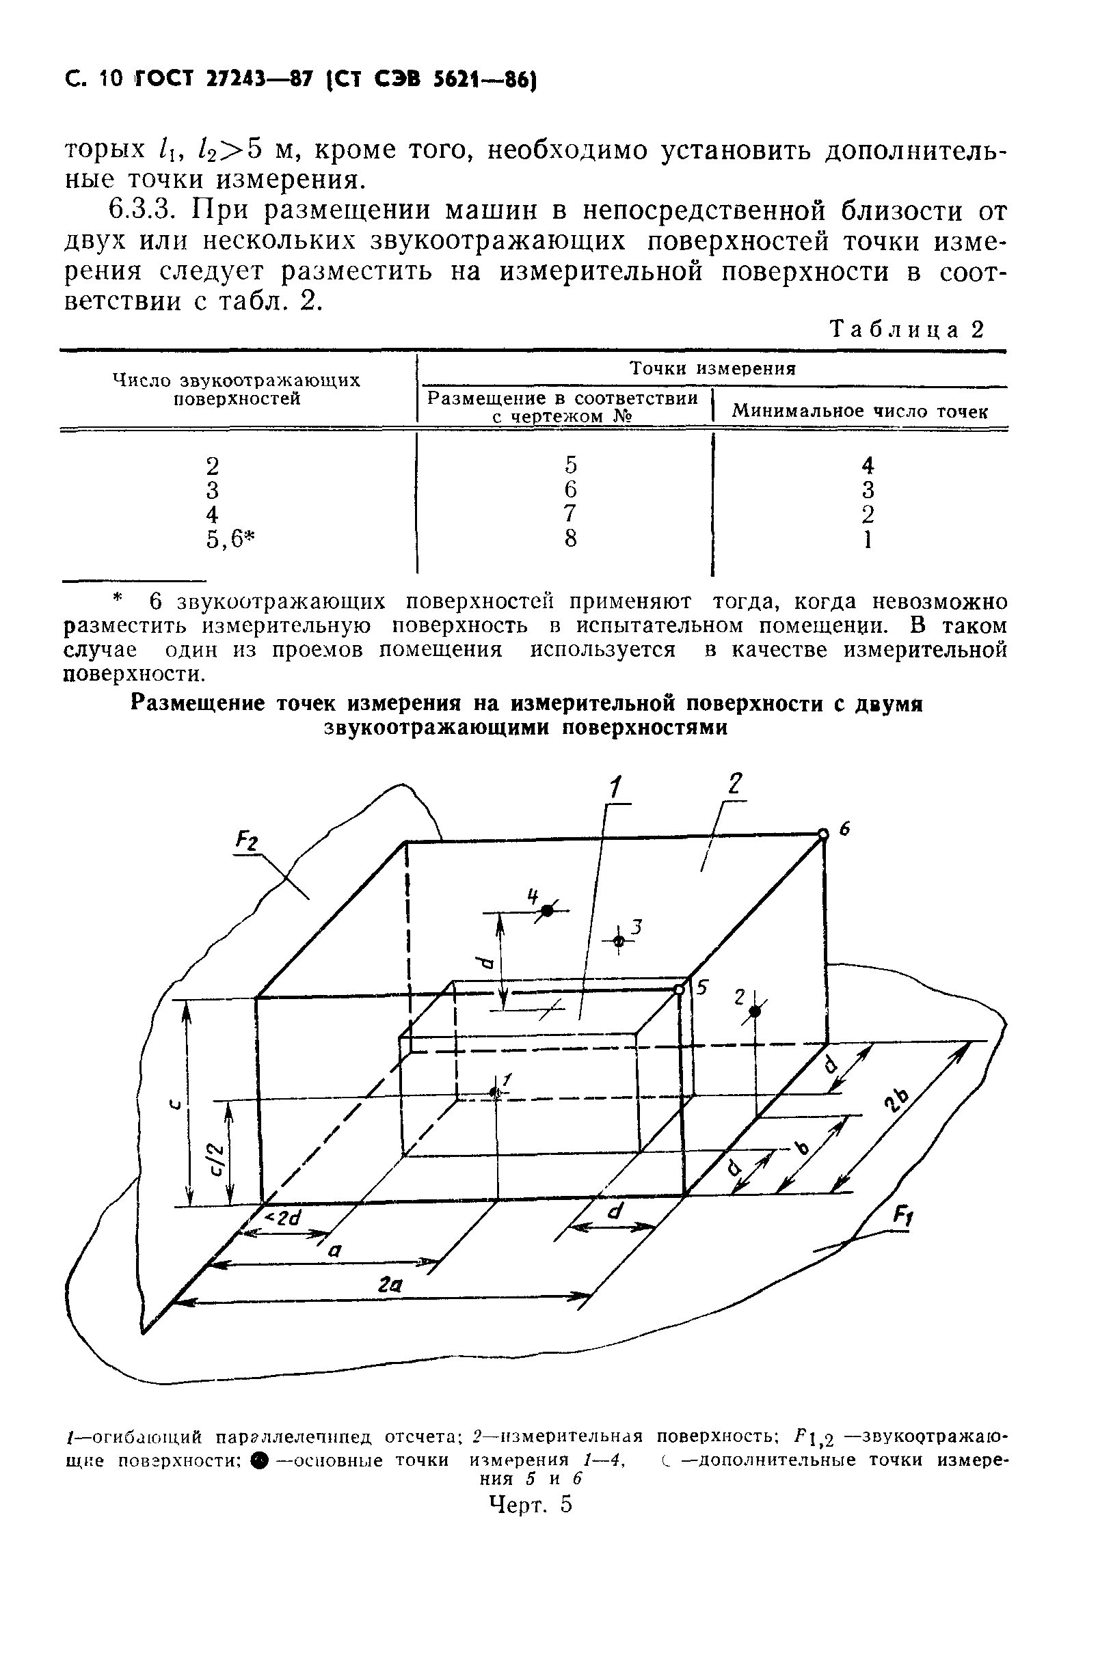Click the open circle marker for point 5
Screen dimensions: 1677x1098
679,990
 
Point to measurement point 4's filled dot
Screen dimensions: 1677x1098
546,912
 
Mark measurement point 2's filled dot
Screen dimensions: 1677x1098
755,1012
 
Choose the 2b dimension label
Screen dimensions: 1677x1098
898,1097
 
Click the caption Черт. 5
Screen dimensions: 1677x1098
530,1504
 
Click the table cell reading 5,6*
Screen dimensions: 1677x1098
230,539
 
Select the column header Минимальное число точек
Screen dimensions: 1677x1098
860,411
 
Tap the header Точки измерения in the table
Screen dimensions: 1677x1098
712,368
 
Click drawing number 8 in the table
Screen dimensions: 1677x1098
570,538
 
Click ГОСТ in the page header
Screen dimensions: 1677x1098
159,80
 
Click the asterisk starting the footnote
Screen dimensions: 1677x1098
118,600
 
